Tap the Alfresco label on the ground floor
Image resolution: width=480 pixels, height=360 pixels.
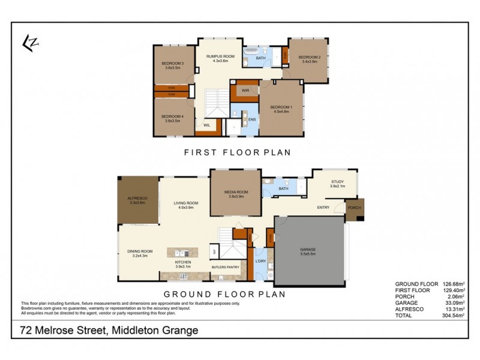[137, 197]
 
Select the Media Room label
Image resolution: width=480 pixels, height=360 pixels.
[236, 192]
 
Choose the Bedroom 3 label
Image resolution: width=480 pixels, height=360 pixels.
[173, 64]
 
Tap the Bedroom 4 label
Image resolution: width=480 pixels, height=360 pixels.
[173, 116]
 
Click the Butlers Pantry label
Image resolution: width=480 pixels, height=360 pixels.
[226, 267]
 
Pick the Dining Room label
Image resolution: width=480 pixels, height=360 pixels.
[140, 251]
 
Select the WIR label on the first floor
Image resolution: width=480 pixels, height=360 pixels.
[245, 90]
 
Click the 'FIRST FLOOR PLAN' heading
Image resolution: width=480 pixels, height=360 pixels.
[237, 152]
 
